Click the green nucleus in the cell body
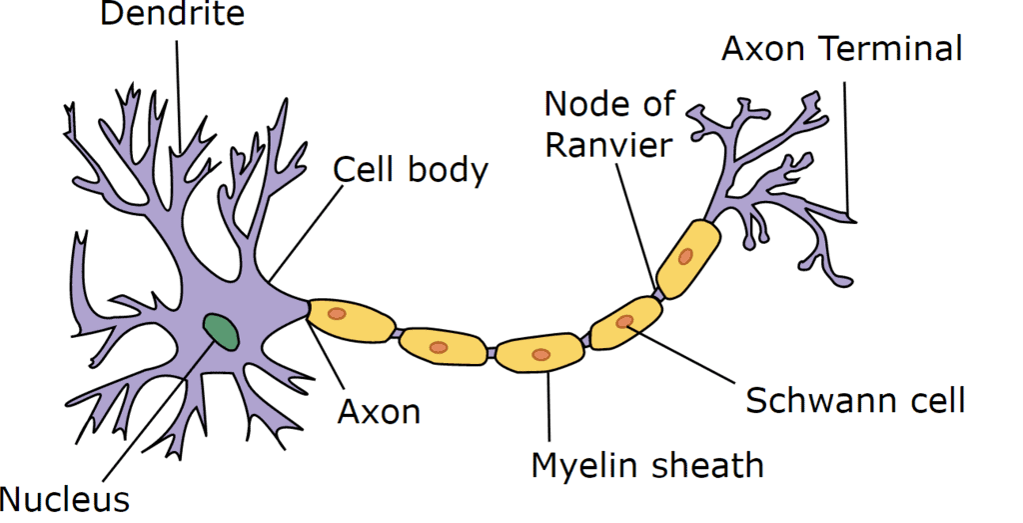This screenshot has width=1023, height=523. tap(221, 331)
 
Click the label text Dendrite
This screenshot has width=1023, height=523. tap(172, 14)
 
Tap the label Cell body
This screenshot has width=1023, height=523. tap(411, 170)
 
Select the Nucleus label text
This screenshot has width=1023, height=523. tap(65, 499)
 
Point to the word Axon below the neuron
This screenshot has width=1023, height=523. tap(379, 412)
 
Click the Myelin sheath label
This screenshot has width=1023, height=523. tap(647, 466)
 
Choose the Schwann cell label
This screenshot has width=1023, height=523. tap(855, 400)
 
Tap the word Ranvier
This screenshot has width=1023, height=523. tap(608, 146)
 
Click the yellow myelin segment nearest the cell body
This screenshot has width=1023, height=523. tap(351, 318)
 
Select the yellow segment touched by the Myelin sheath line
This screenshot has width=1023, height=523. tap(539, 352)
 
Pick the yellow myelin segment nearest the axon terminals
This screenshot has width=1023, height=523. tap(687, 259)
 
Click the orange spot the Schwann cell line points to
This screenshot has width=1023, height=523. tap(624, 321)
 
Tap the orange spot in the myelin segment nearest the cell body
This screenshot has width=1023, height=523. tap(336, 314)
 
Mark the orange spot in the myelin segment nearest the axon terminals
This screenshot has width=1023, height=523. tap(685, 257)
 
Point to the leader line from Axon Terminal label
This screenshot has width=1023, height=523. tap(847, 150)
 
